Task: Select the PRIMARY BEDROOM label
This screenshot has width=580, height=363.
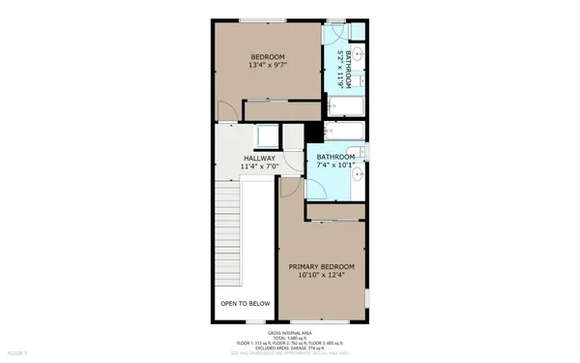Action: click(322, 266)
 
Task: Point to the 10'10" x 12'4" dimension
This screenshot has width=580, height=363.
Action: click(322, 276)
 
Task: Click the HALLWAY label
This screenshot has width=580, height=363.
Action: click(259, 158)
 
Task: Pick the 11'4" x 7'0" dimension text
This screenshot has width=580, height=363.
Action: click(259, 166)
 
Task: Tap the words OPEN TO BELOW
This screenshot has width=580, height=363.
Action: click(244, 304)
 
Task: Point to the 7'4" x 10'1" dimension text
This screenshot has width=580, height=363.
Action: click(336, 166)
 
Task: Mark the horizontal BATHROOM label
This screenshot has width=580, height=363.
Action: click(336, 156)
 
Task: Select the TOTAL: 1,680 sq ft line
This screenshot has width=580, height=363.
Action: click(289, 337)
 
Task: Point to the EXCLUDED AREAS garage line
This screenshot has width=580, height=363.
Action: click(289, 348)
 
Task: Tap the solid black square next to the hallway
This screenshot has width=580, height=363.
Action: click(311, 135)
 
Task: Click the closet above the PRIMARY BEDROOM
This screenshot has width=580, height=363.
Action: click(334, 211)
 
